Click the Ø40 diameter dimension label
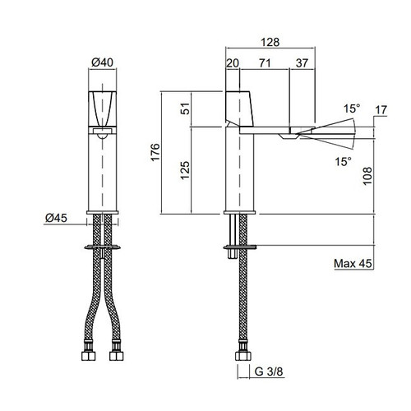pyautogui.click(x=102, y=62)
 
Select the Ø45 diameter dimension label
pyautogui.click(x=56, y=218)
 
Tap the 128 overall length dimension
pyautogui.click(x=270, y=42)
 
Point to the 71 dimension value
pyautogui.click(x=265, y=63)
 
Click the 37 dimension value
pyautogui.click(x=302, y=63)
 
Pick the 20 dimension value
pyautogui.click(x=233, y=63)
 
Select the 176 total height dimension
pyautogui.click(x=155, y=152)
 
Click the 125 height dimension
pyautogui.click(x=185, y=170)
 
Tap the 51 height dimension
pyautogui.click(x=185, y=109)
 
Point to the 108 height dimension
pyautogui.click(x=367, y=176)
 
